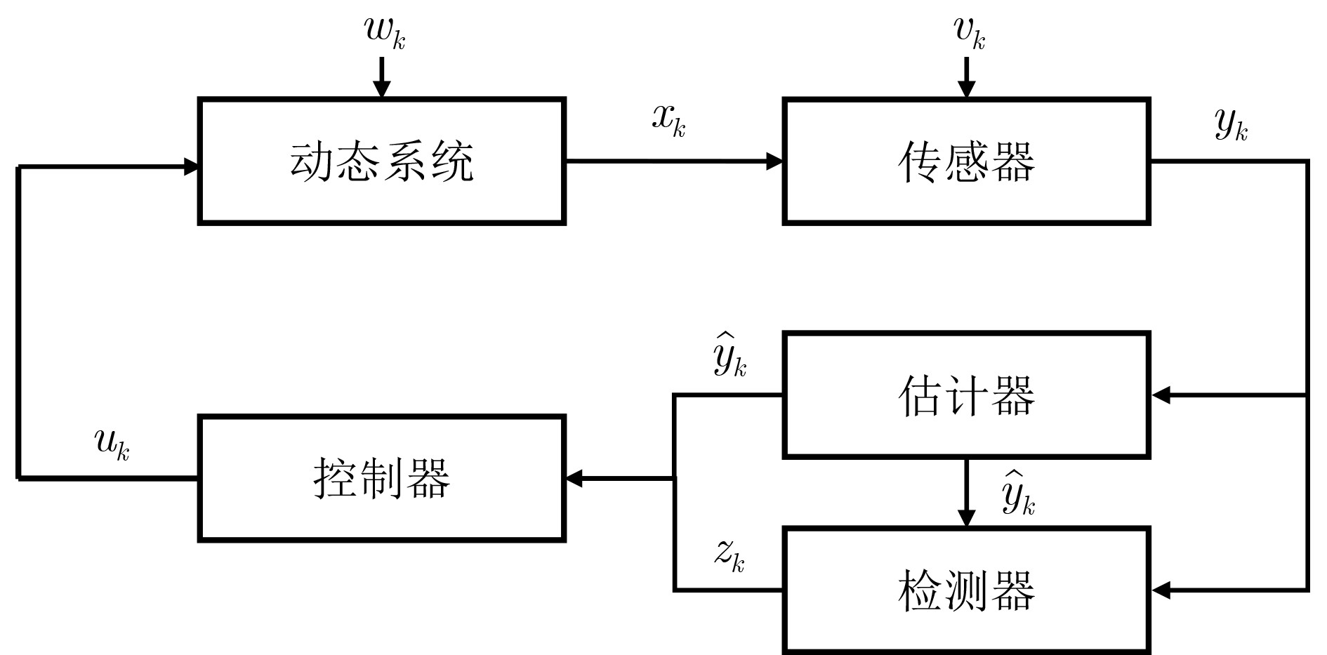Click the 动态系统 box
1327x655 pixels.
pyautogui.click(x=382, y=161)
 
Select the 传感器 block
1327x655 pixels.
pyautogui.click(x=966, y=161)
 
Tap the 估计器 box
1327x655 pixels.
pyautogui.click(x=966, y=395)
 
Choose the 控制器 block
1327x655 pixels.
pyautogui.click(x=382, y=478)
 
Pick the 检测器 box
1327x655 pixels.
pyautogui.click(x=966, y=590)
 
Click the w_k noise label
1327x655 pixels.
pyautogui.click(x=384, y=32)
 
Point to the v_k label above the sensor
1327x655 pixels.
pyautogui.click(x=969, y=32)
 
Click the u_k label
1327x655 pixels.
pyautogui.click(x=112, y=444)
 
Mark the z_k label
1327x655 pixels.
pyautogui.click(x=729, y=555)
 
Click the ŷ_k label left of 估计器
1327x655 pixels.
pyautogui.click(x=730, y=358)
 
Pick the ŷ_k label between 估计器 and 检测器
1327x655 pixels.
pyautogui.click(x=1018, y=495)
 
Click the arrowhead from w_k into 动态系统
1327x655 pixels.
pyautogui.click(x=381, y=89)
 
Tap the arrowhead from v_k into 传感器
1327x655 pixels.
pyautogui.click(x=966, y=89)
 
